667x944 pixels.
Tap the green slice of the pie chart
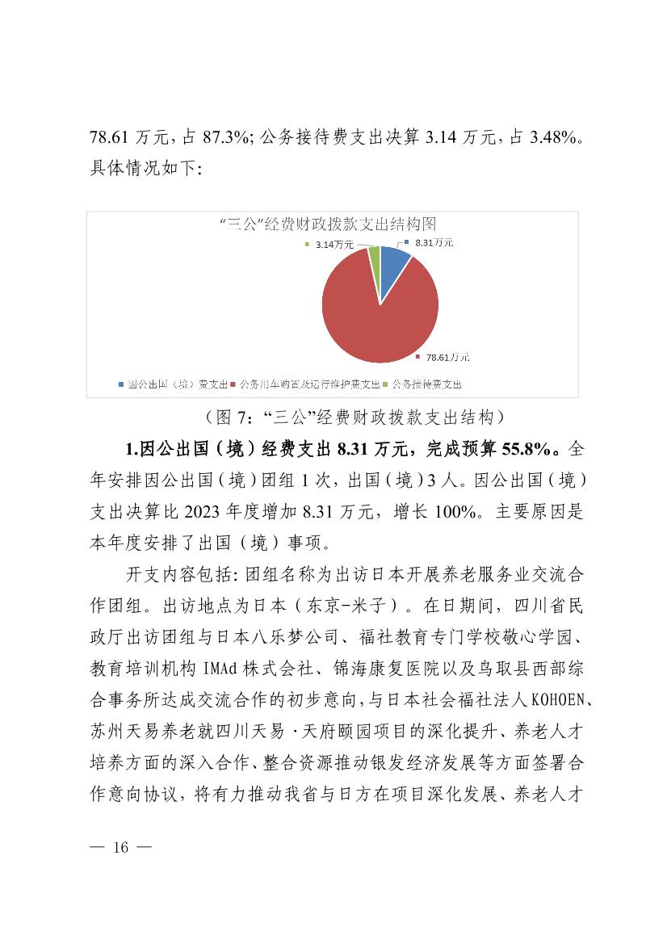point(374,260)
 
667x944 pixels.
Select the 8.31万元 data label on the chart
point(433,242)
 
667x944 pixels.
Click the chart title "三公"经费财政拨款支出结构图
point(333,224)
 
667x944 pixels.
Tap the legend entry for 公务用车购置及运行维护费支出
point(309,384)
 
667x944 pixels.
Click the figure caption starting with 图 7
point(355,417)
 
